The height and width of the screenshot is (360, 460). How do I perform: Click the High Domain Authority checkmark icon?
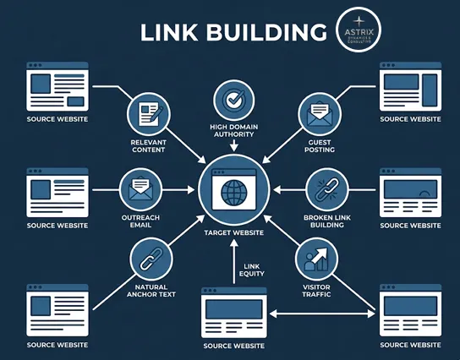pyautogui.click(x=230, y=100)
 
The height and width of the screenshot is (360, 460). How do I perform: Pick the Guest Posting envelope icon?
pyautogui.click(x=318, y=113)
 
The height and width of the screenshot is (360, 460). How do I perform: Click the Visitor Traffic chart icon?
pyautogui.click(x=315, y=259)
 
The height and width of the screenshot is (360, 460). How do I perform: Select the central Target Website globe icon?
pyautogui.click(x=230, y=188)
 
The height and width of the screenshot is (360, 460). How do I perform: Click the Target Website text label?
pyautogui.click(x=230, y=232)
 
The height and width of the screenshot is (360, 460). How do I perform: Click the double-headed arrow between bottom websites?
pyautogui.click(x=322, y=314)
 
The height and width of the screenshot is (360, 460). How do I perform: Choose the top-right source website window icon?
pyautogui.click(x=410, y=86)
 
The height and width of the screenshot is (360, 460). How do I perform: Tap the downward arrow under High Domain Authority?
pyautogui.click(x=230, y=147)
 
